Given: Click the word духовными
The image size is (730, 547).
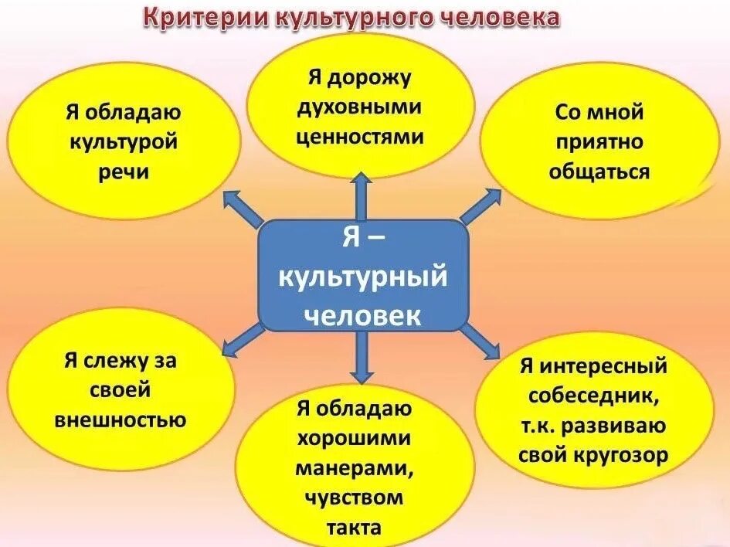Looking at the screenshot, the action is pyautogui.click(x=361, y=107).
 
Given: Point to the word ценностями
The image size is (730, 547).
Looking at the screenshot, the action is pyautogui.click(x=361, y=137).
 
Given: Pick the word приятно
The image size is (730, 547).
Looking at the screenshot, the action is pyautogui.click(x=599, y=141).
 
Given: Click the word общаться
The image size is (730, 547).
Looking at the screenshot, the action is pyautogui.click(x=599, y=171).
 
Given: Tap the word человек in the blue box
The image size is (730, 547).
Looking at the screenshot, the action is pyautogui.click(x=362, y=314).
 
